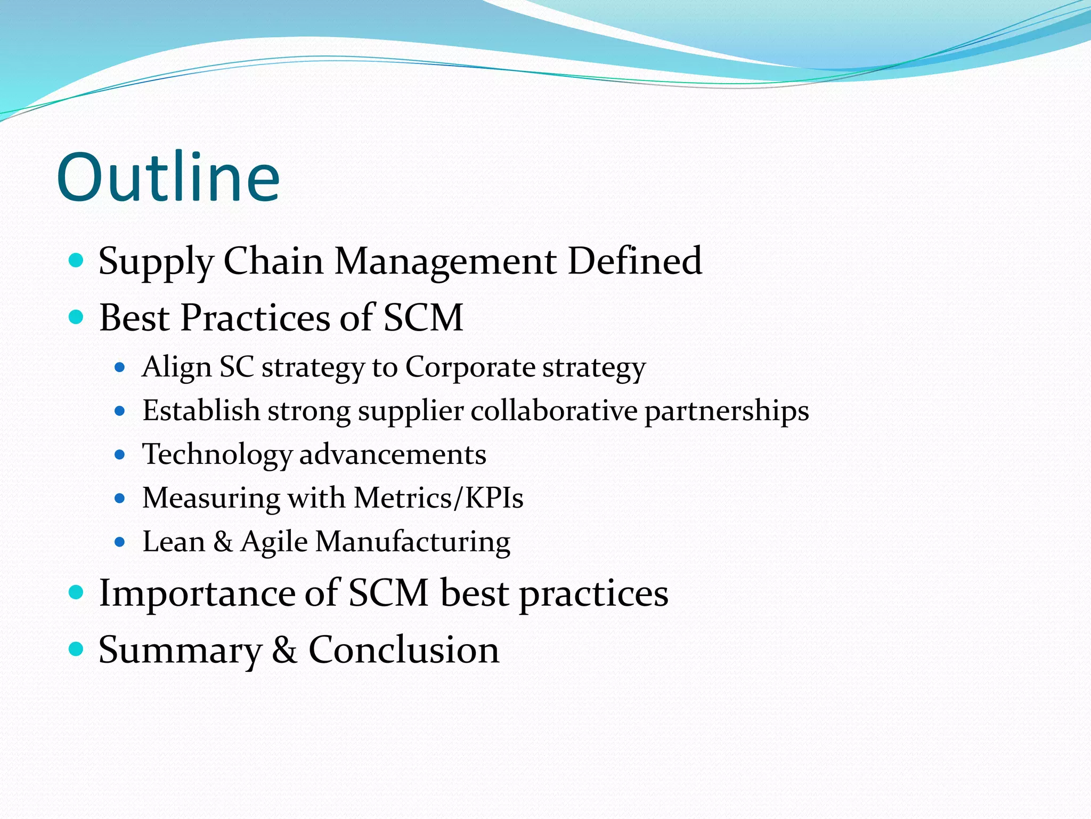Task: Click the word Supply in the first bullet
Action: pyautogui.click(x=156, y=262)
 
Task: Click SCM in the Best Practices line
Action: pyautogui.click(x=423, y=318)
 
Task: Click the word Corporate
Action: pyautogui.click(x=470, y=367)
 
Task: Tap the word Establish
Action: pyautogui.click(x=201, y=411)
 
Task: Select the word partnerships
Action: pyautogui.click(x=727, y=412)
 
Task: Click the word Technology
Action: pyautogui.click(x=217, y=455)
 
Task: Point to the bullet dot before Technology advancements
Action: pyautogui.click(x=120, y=455)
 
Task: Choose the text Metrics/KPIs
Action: pyautogui.click(x=438, y=498)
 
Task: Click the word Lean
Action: pyautogui.click(x=174, y=542)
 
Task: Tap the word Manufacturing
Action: pyautogui.click(x=413, y=542)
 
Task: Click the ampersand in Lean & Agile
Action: pyautogui.click(x=223, y=542)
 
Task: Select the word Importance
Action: pyautogui.click(x=197, y=593)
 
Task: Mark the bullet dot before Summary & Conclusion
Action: pyautogui.click(x=77, y=649)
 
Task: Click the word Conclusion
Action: pyautogui.click(x=404, y=649)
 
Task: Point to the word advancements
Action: pyautogui.click(x=393, y=455)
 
